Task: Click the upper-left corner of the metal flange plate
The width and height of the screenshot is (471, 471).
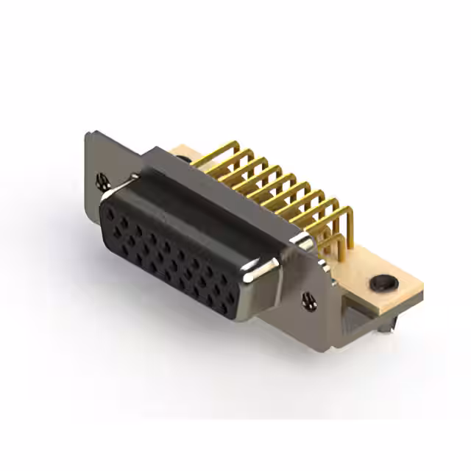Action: click(88, 133)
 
